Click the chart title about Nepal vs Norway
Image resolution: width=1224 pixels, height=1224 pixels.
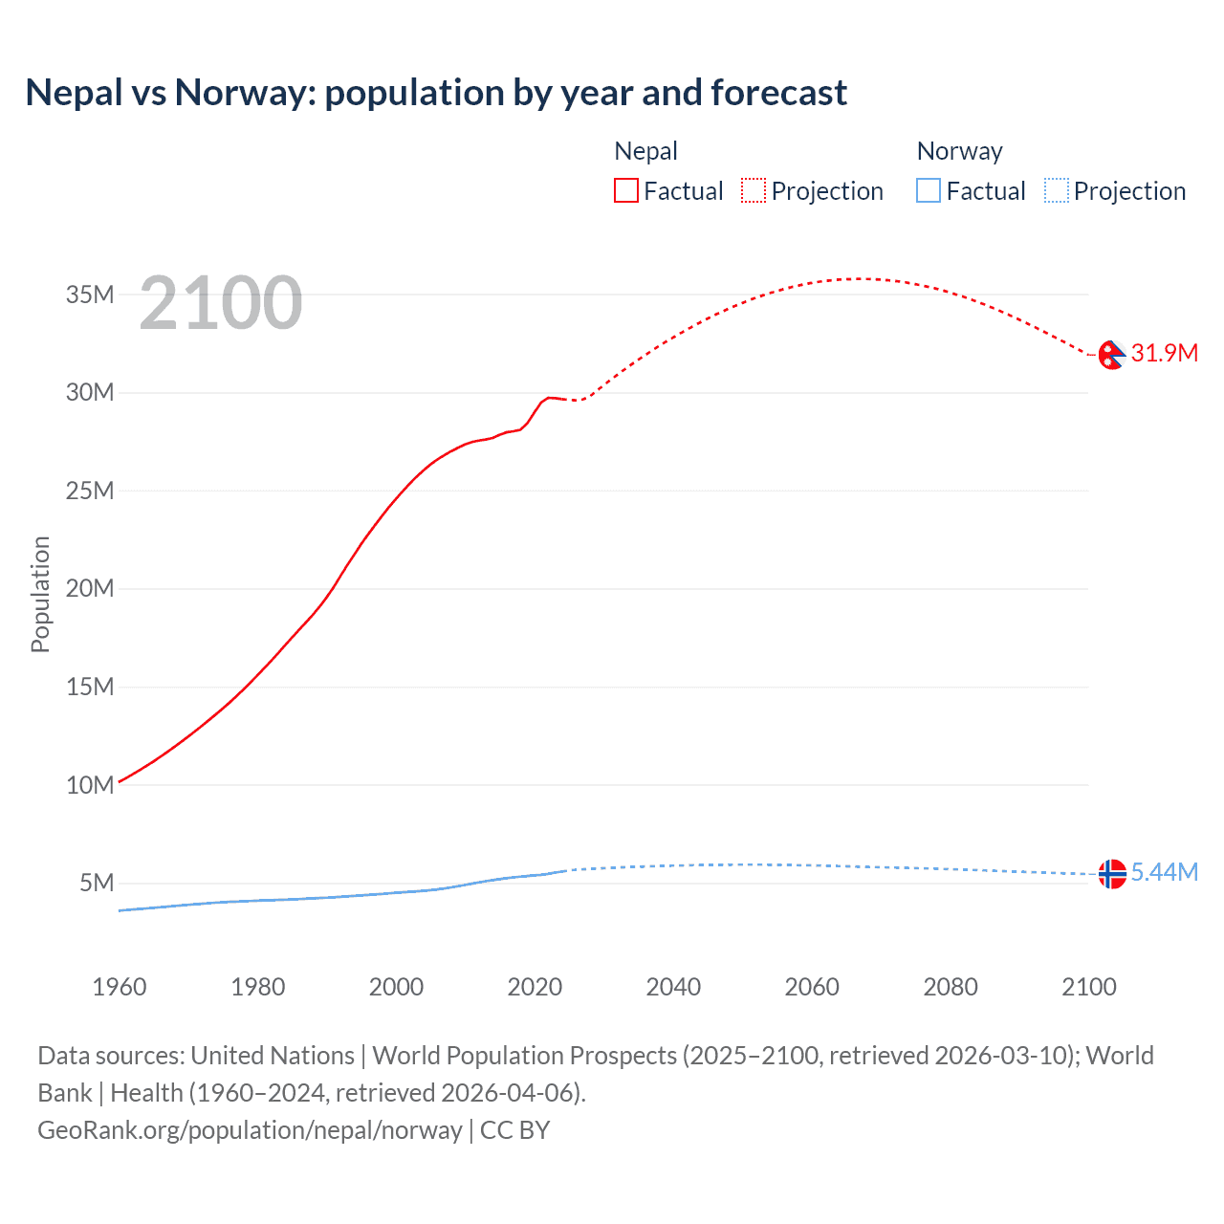[436, 93]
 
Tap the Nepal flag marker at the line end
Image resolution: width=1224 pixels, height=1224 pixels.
[1111, 355]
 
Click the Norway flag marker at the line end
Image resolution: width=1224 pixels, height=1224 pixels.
[1111, 873]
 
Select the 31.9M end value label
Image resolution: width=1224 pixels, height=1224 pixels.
[1164, 353]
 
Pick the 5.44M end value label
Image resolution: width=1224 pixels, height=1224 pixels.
[1164, 872]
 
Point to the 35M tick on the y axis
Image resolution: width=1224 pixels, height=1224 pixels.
[90, 295]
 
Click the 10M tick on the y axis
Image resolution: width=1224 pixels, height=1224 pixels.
[90, 785]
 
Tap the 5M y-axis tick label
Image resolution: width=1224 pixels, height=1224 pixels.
[97, 883]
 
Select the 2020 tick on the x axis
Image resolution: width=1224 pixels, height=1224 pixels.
[535, 987]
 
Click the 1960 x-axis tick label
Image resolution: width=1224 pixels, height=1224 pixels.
[120, 987]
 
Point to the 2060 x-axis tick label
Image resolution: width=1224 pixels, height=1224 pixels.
[812, 987]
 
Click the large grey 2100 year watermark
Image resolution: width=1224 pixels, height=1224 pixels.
[221, 303]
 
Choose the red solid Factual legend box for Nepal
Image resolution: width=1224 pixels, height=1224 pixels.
[625, 191]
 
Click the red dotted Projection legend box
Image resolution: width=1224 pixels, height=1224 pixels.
[754, 191]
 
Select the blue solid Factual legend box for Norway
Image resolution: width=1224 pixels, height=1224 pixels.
[929, 191]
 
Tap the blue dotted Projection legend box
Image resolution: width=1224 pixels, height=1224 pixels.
[1057, 191]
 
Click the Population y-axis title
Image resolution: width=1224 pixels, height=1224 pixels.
[40, 594]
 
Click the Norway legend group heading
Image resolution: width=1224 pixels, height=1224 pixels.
[959, 151]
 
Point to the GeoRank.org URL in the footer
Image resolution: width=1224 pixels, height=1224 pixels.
[250, 1130]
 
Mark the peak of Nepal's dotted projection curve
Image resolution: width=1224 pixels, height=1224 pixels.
[861, 279]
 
